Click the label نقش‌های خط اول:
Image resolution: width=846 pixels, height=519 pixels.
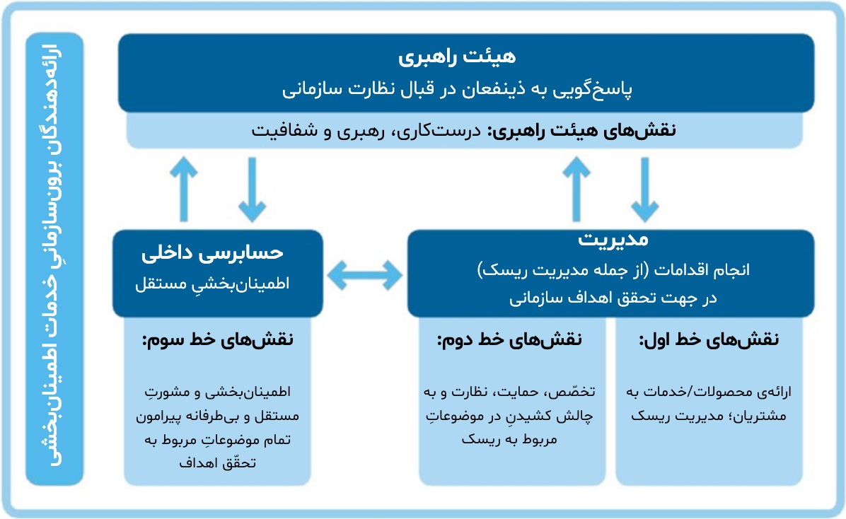[x=708, y=340]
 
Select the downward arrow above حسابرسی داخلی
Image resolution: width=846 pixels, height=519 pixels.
[x=253, y=188]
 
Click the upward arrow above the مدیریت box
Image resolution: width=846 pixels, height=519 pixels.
[x=578, y=188]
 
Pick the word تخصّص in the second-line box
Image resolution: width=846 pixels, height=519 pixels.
[x=576, y=391]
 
